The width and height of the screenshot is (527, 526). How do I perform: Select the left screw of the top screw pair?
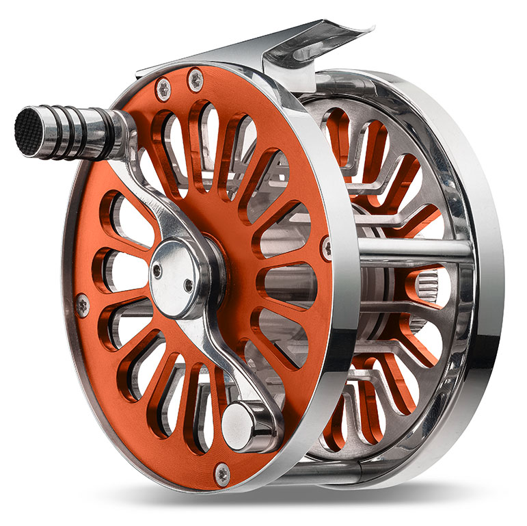coord(165,87)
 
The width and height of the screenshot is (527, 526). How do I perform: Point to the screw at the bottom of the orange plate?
coord(221,471)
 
